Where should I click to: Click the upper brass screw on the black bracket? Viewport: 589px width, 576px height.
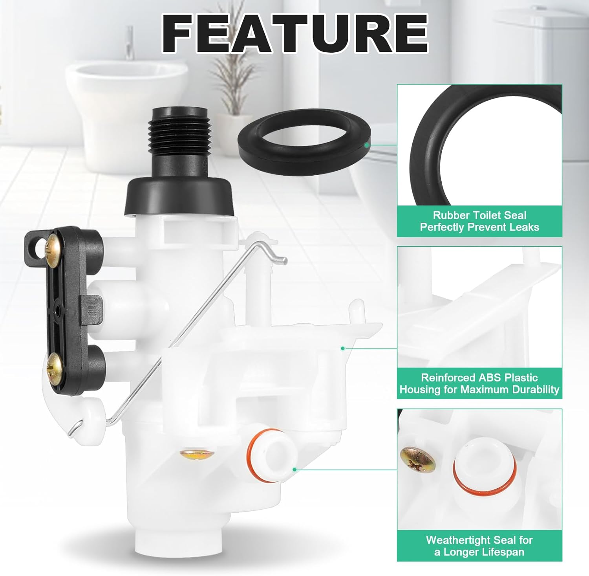click(53, 247)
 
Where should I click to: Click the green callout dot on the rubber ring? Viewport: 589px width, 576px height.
click(366, 145)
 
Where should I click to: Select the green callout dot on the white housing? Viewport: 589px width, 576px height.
click(343, 348)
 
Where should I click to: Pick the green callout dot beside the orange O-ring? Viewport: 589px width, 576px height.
click(294, 469)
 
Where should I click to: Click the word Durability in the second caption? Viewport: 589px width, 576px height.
click(536, 389)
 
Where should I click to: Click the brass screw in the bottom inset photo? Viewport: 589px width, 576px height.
click(417, 459)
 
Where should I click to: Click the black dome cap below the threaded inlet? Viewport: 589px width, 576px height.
click(181, 195)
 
